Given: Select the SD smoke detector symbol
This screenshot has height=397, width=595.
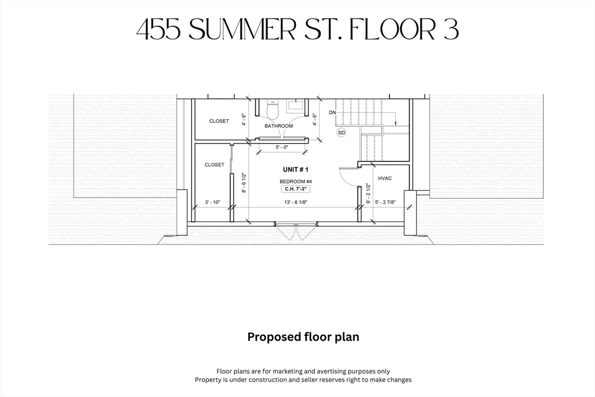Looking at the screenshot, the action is click(342, 133).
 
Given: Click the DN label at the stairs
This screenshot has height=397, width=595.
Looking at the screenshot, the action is click(332, 113).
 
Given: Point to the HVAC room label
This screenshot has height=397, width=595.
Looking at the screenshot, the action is click(385, 178).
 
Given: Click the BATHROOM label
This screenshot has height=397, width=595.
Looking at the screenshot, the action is click(279, 126).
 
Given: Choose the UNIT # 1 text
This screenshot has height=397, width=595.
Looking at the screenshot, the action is click(296, 169).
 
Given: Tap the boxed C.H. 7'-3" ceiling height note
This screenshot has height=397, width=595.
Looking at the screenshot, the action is click(296, 189).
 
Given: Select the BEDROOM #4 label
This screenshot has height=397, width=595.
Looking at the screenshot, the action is click(296, 181).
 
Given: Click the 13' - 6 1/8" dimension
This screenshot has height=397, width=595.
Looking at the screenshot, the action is click(296, 202).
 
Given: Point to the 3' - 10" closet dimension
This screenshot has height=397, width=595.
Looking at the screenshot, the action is click(213, 202).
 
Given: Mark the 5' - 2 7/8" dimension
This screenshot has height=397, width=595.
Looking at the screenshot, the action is click(385, 202).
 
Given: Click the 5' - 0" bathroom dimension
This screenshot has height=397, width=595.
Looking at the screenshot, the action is click(282, 147).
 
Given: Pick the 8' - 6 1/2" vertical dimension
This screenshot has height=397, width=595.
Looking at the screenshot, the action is click(244, 183).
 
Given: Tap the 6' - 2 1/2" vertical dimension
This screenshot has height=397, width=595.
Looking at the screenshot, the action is click(368, 194).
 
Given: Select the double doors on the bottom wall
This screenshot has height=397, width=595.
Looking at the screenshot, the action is click(296, 231).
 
